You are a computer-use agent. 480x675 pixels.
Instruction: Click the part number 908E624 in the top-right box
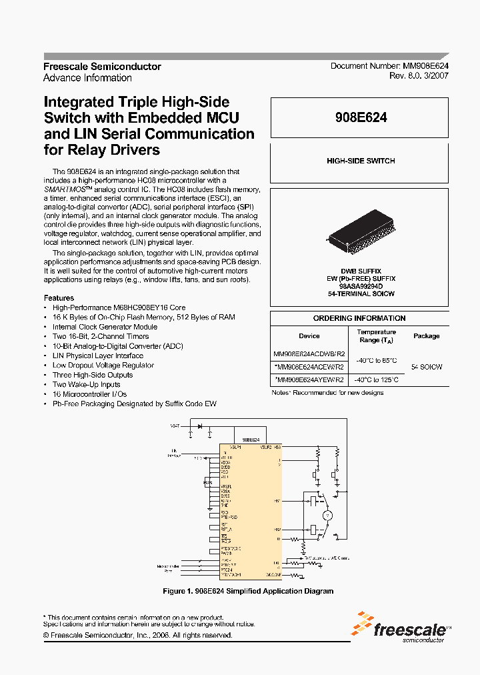click(361, 117)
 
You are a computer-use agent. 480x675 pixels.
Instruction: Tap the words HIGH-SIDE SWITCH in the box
click(361, 161)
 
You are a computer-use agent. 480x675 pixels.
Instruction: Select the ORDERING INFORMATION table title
click(359, 318)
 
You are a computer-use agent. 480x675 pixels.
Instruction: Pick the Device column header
click(309, 336)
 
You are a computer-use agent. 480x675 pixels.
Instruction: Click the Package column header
click(426, 336)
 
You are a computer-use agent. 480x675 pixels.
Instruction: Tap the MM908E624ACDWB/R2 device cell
click(309, 354)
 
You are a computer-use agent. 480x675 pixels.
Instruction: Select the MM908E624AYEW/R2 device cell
click(309, 380)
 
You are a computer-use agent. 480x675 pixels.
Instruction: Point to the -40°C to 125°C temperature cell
click(376, 380)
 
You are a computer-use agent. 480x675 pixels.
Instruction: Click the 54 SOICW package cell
click(426, 367)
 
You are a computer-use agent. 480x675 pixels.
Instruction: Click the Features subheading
click(59, 298)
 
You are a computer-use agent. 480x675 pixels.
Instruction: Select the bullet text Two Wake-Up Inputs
click(87, 385)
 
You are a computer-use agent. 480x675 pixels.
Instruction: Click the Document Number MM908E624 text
click(389, 67)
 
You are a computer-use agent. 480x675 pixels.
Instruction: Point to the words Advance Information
click(87, 78)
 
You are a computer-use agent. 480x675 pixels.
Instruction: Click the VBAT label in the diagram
click(175, 425)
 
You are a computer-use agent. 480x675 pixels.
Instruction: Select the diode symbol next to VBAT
click(198, 425)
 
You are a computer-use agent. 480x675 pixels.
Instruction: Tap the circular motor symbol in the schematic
click(327, 516)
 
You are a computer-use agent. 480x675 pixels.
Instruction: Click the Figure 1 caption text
click(248, 592)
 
